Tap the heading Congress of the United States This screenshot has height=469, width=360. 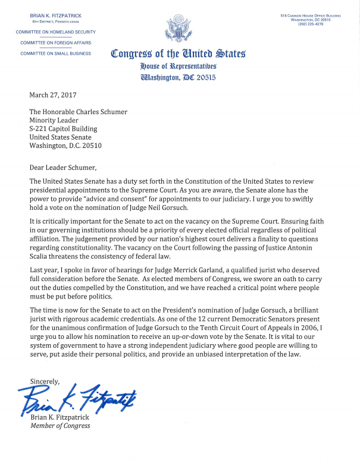click(x=178, y=54)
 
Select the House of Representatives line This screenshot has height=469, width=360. click(x=178, y=66)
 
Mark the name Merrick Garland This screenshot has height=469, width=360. click(x=188, y=270)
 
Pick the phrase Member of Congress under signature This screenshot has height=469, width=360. click(x=60, y=426)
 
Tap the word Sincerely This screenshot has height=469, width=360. click(x=45, y=381)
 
